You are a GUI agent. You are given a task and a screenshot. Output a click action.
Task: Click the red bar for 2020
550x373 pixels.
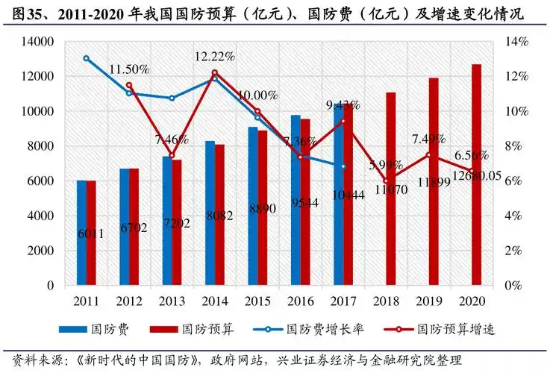point(476,175)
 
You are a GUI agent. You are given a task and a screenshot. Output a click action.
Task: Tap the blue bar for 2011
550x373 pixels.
point(81,233)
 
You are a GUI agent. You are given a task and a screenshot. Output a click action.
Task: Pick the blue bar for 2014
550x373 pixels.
point(210,213)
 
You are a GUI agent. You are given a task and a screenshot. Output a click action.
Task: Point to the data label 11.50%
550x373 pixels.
point(129,69)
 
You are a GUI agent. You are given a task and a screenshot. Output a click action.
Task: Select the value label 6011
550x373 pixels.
point(90,233)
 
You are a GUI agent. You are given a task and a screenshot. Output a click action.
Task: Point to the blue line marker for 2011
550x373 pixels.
point(86,58)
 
